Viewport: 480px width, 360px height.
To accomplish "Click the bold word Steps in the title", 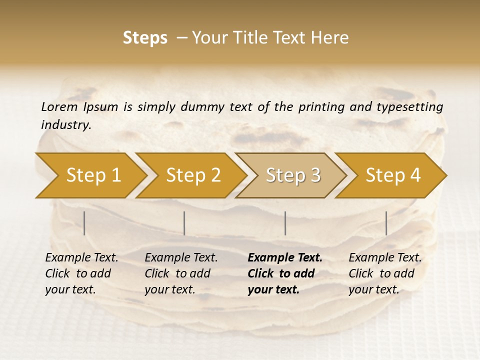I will point(145,38).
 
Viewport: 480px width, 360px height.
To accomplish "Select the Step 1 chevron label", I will point(93,175).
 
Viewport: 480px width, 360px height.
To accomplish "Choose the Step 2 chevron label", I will point(193,175).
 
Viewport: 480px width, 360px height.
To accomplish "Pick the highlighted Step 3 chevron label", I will point(293,175).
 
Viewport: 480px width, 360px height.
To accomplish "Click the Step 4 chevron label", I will point(393,175).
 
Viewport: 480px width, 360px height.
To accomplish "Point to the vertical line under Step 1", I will point(84,223).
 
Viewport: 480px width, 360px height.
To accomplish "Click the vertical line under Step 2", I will point(184,223).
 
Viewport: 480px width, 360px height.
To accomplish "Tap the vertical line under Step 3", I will point(285,223).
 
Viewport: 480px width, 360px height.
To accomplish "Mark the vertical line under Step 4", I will point(386,223).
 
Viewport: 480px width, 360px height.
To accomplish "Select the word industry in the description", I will point(66,125).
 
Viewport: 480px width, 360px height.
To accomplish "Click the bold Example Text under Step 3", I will point(285,257).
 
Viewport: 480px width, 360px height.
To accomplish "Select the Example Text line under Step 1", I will point(81,257).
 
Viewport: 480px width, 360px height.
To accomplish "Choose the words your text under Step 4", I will point(373,289).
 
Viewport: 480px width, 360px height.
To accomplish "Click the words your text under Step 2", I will point(169,289).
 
